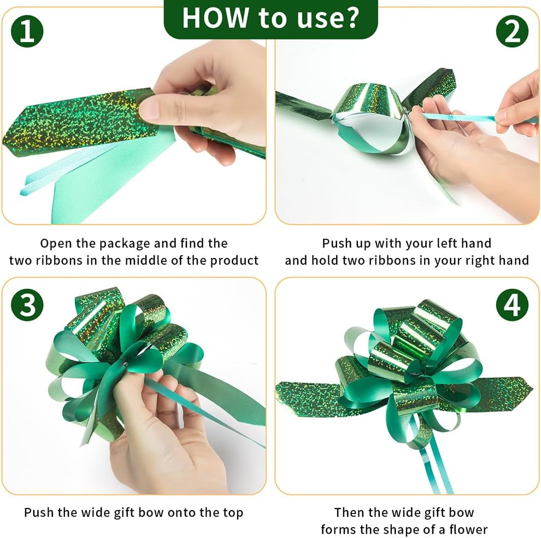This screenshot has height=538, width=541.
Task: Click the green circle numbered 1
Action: click(27, 31)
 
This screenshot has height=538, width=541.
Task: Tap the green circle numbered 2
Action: click(513, 31)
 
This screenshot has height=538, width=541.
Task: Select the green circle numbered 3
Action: click(27, 304)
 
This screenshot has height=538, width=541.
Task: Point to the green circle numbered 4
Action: click(513, 304)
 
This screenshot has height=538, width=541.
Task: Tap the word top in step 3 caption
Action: click(233, 513)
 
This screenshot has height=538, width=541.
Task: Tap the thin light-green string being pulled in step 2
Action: click(459, 118)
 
